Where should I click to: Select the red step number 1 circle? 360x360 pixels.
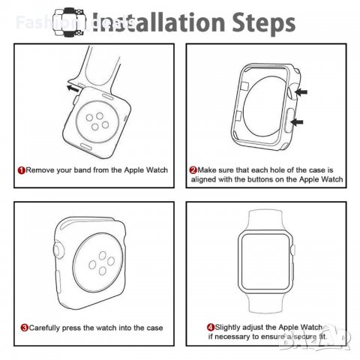(x=21, y=170)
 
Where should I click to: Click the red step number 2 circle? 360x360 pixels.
(x=193, y=170)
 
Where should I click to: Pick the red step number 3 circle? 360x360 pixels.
(x=24, y=328)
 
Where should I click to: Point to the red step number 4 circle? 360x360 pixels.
(x=211, y=328)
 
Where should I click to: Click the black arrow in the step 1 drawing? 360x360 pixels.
(x=73, y=88)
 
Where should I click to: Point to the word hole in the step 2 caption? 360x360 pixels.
(x=279, y=170)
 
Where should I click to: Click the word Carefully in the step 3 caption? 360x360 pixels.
(x=48, y=328)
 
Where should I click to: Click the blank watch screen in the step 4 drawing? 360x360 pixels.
(x=268, y=270)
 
